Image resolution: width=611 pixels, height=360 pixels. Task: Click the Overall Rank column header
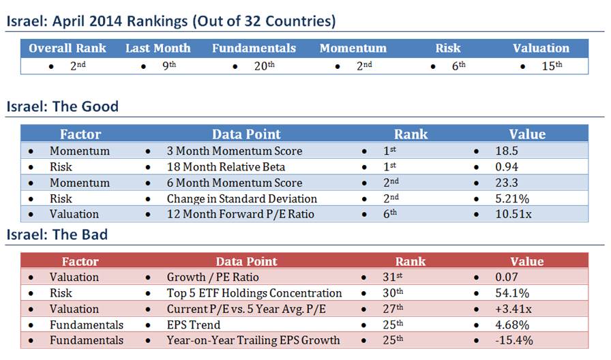tap(68, 48)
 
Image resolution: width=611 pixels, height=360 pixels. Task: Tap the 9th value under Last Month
tap(169, 65)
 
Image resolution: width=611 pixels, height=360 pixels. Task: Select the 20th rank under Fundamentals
tap(264, 65)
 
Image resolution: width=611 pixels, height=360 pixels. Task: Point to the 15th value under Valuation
tap(552, 65)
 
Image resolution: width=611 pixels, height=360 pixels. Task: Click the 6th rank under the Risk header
tap(459, 65)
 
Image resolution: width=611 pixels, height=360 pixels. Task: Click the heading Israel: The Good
tap(62, 106)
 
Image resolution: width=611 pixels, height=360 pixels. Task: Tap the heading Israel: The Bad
tap(57, 235)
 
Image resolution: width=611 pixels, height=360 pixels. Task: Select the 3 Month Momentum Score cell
tap(235, 151)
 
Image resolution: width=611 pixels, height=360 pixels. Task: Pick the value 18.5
tap(507, 151)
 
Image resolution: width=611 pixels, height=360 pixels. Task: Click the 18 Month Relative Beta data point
tap(226, 167)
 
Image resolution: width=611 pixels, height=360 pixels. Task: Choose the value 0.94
tap(507, 167)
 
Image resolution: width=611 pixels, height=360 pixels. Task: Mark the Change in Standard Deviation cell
tap(242, 198)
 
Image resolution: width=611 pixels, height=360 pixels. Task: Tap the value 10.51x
tap(513, 214)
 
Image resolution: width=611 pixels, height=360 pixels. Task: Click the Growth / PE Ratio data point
tap(213, 277)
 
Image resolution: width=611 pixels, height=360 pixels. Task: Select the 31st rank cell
tap(393, 277)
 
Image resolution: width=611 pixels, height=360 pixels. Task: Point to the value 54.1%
tap(512, 293)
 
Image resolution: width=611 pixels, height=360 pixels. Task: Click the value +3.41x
tap(513, 309)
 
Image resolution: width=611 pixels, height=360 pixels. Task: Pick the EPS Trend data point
tap(194, 325)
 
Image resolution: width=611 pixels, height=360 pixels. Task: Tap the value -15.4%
tap(514, 340)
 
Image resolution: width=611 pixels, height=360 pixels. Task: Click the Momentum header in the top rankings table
tap(353, 48)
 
